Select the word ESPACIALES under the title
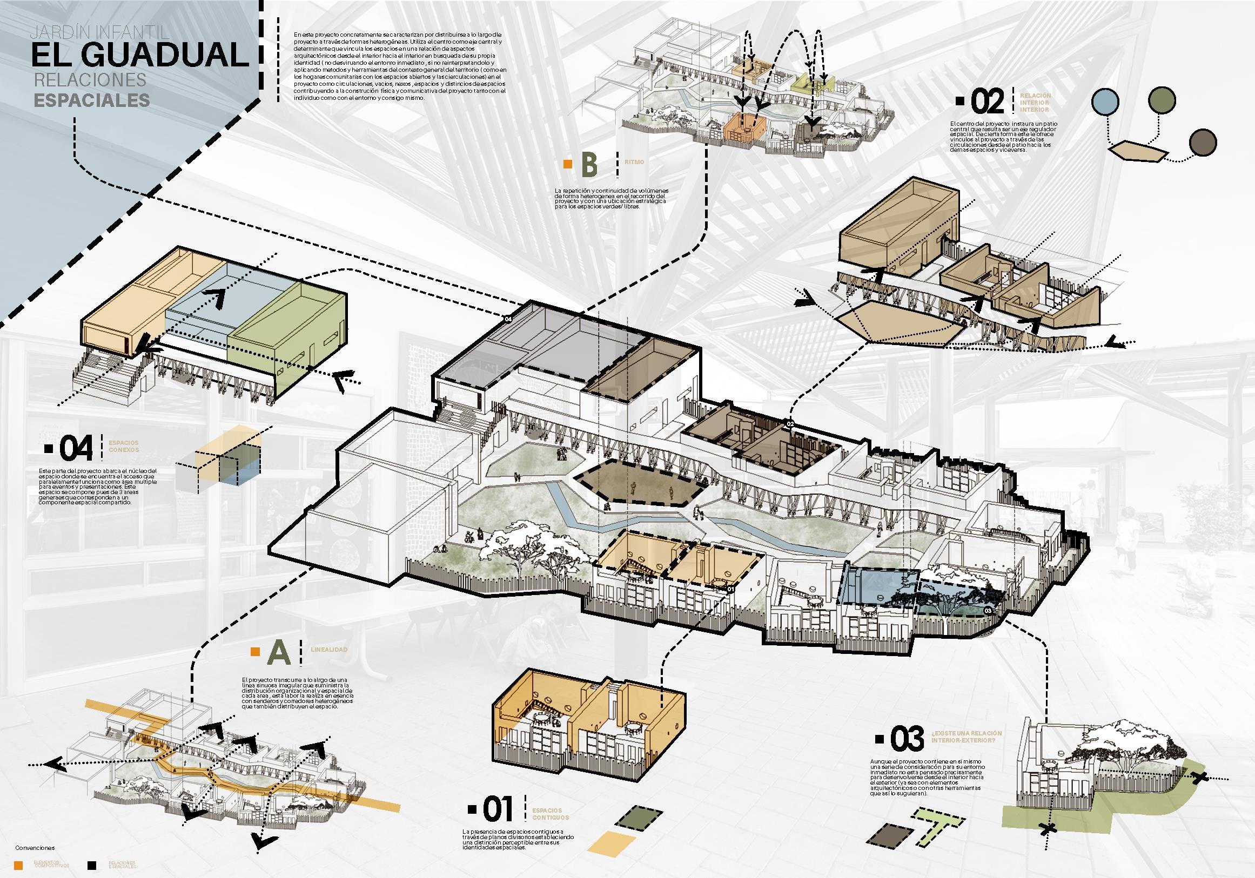click(x=92, y=100)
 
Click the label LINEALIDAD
click(x=328, y=650)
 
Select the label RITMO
click(x=634, y=163)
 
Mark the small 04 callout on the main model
click(x=508, y=319)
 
